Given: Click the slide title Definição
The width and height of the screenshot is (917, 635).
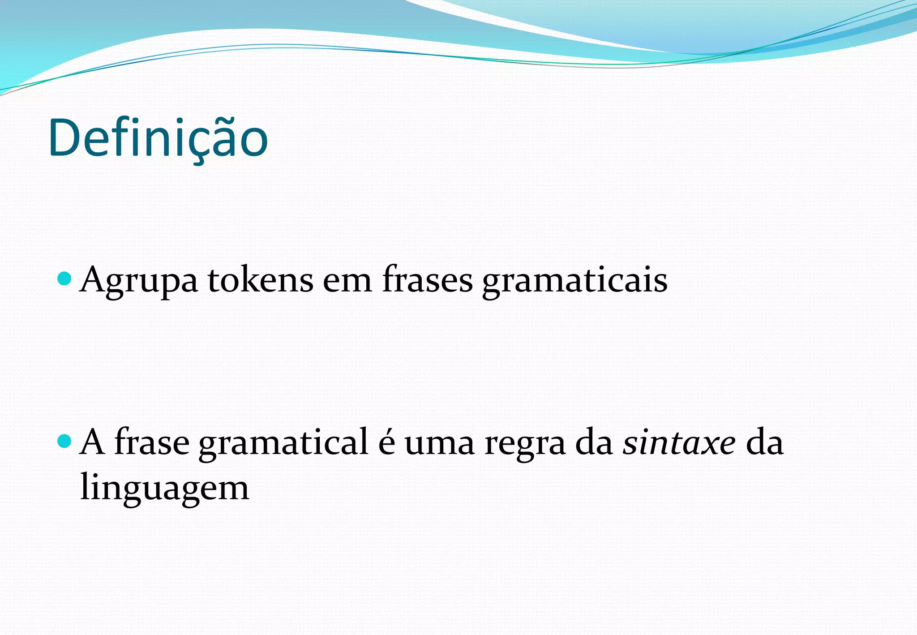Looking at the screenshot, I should [158, 138].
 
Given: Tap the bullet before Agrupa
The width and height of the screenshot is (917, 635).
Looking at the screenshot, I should [65, 279].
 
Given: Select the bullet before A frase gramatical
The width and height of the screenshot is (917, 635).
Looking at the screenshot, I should [65, 442].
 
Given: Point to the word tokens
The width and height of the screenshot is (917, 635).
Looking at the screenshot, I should [260, 280].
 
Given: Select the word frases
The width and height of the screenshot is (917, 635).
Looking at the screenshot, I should [428, 280].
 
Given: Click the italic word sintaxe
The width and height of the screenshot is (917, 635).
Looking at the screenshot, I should [679, 442].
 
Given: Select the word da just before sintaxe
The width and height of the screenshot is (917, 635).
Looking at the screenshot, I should [594, 442].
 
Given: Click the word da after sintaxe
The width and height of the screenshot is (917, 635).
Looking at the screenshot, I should [765, 442].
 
